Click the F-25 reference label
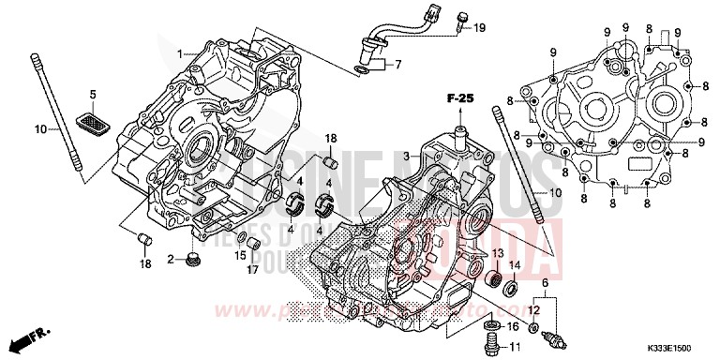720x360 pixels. (460, 98)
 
